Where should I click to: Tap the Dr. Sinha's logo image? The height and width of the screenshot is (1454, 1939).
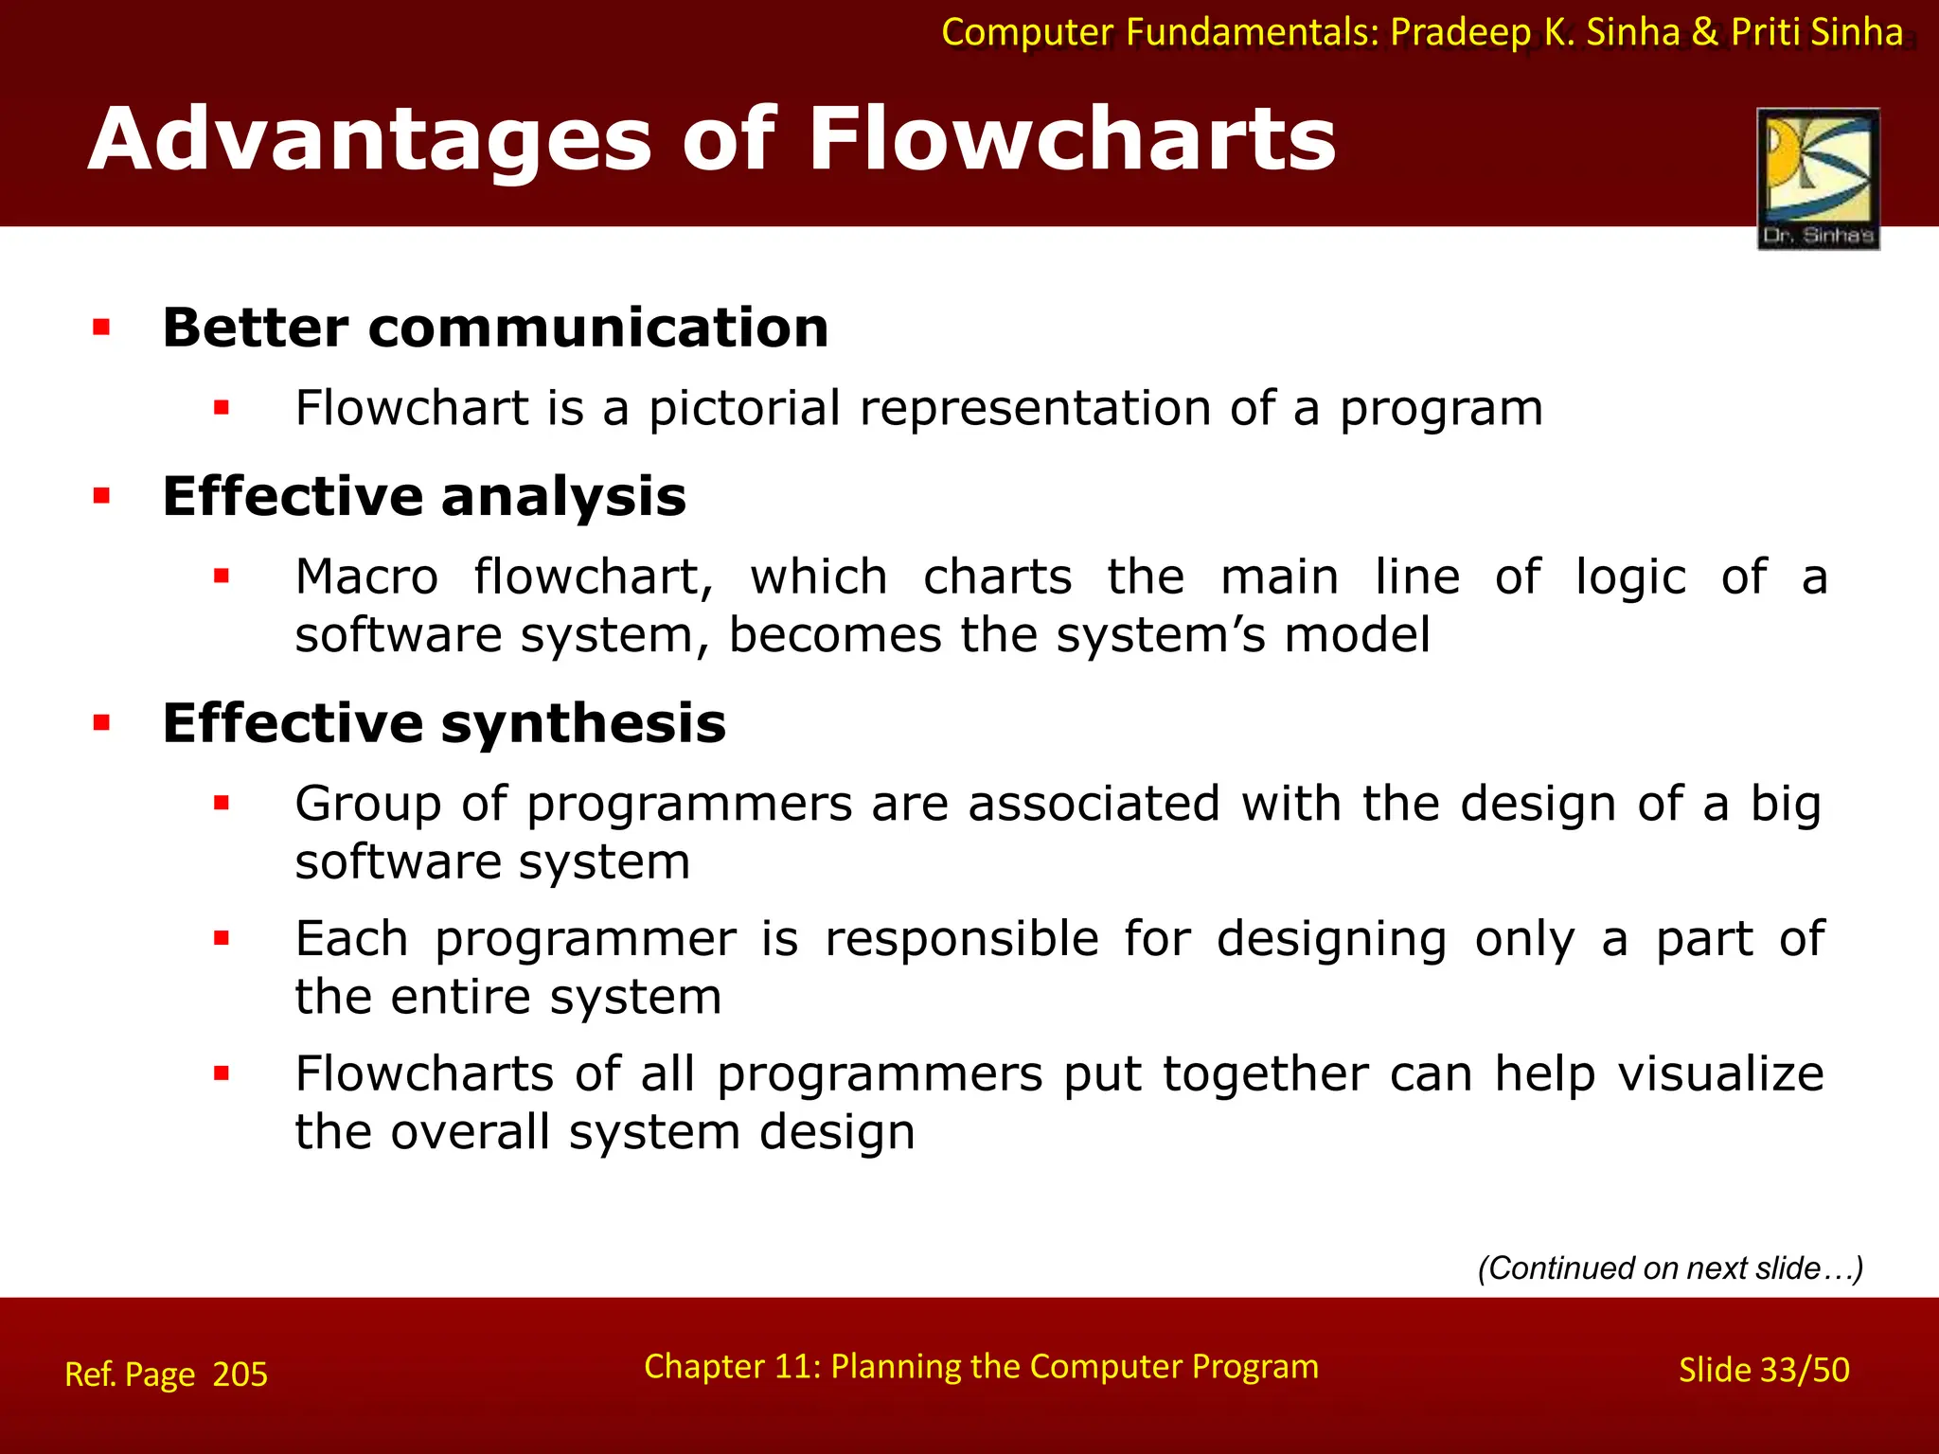coord(1818,178)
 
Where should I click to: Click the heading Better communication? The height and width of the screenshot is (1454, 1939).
coord(495,328)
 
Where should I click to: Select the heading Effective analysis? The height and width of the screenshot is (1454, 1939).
coord(424,496)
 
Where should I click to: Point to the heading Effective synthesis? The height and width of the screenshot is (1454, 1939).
coord(444,723)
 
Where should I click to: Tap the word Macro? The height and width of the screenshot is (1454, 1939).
coord(366,577)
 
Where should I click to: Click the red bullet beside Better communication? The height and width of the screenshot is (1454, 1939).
coord(101,328)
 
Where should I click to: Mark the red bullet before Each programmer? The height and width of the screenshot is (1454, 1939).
coord(222,939)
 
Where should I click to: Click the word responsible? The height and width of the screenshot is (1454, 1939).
coord(961,939)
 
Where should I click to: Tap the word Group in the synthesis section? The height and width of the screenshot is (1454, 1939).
coord(367,805)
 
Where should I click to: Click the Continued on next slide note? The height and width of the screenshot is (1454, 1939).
coord(1670,1268)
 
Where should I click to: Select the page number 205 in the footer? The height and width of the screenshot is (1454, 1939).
coord(240,1374)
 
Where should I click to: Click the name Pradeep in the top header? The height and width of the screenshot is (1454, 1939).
coord(1460,32)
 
